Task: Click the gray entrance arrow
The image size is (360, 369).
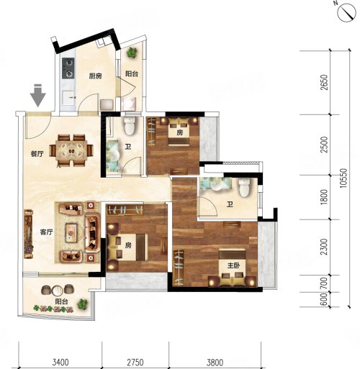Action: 38,95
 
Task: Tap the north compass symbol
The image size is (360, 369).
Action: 346,12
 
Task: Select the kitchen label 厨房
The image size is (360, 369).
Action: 95,76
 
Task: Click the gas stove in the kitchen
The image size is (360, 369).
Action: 68,68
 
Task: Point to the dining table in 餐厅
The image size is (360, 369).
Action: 71,150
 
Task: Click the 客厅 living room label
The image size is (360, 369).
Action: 46,232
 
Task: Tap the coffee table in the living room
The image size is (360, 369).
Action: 71,232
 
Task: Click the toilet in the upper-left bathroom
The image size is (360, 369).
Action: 130,125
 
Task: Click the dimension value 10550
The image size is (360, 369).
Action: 343,178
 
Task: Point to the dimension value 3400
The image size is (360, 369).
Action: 60,363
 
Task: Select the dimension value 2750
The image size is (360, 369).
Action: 135,363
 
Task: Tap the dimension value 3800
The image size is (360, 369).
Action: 215,363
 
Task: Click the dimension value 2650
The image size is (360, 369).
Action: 324,82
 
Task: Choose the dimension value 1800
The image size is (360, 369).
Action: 324,197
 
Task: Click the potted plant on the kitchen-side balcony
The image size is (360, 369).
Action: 132,53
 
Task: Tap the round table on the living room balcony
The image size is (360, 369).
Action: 58,291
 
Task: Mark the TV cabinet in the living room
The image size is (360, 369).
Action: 28,234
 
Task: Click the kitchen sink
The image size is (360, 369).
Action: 68,97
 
